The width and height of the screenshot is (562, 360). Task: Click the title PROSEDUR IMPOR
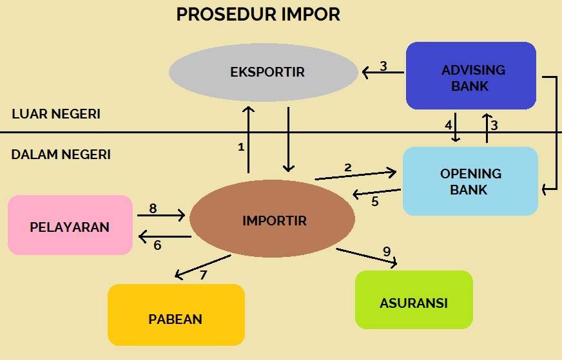point(258,15)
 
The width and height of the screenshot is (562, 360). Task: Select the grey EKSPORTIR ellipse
point(264,71)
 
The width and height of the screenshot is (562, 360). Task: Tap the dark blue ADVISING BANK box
point(471,76)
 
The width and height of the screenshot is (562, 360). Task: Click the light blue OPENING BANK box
point(470,181)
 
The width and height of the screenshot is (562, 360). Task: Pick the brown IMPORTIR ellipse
point(273,220)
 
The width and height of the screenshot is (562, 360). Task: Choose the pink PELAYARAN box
point(70,226)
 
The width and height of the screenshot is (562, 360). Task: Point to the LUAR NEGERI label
point(56,115)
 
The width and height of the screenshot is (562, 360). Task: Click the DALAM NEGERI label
point(61,155)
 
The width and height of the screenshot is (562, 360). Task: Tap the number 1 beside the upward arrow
point(241,147)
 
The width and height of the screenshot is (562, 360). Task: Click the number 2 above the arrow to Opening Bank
point(348,167)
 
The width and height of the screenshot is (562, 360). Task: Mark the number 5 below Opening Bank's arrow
point(375,202)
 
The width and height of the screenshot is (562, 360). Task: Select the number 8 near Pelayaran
point(153,208)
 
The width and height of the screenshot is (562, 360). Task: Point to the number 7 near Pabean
point(203,275)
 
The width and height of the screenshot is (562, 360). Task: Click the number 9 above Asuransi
point(387,251)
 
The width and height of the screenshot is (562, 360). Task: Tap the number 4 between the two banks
point(448,125)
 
